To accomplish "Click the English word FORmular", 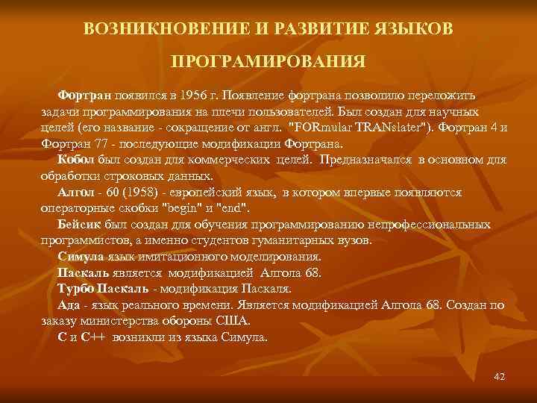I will [322, 127].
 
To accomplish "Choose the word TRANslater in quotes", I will [391, 127].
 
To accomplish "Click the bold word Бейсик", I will [78, 225].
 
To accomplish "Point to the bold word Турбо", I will [76, 288].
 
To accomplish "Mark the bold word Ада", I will [68, 304].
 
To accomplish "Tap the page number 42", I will [499, 376].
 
